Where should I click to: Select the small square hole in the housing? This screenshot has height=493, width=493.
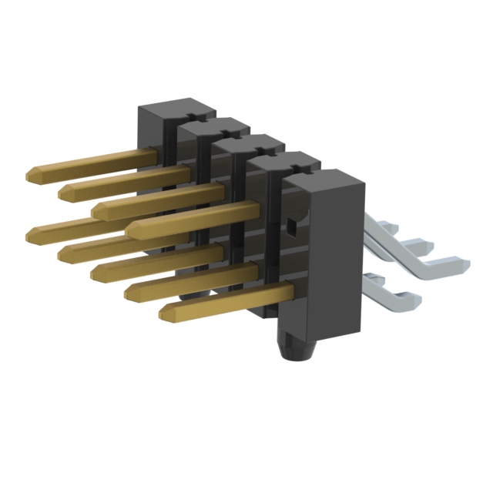[291, 227]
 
